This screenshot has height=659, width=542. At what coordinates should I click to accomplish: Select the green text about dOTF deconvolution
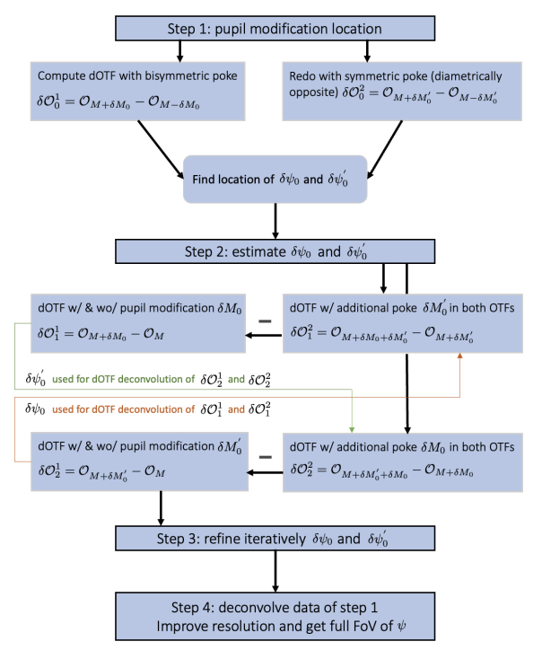coord(140,379)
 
